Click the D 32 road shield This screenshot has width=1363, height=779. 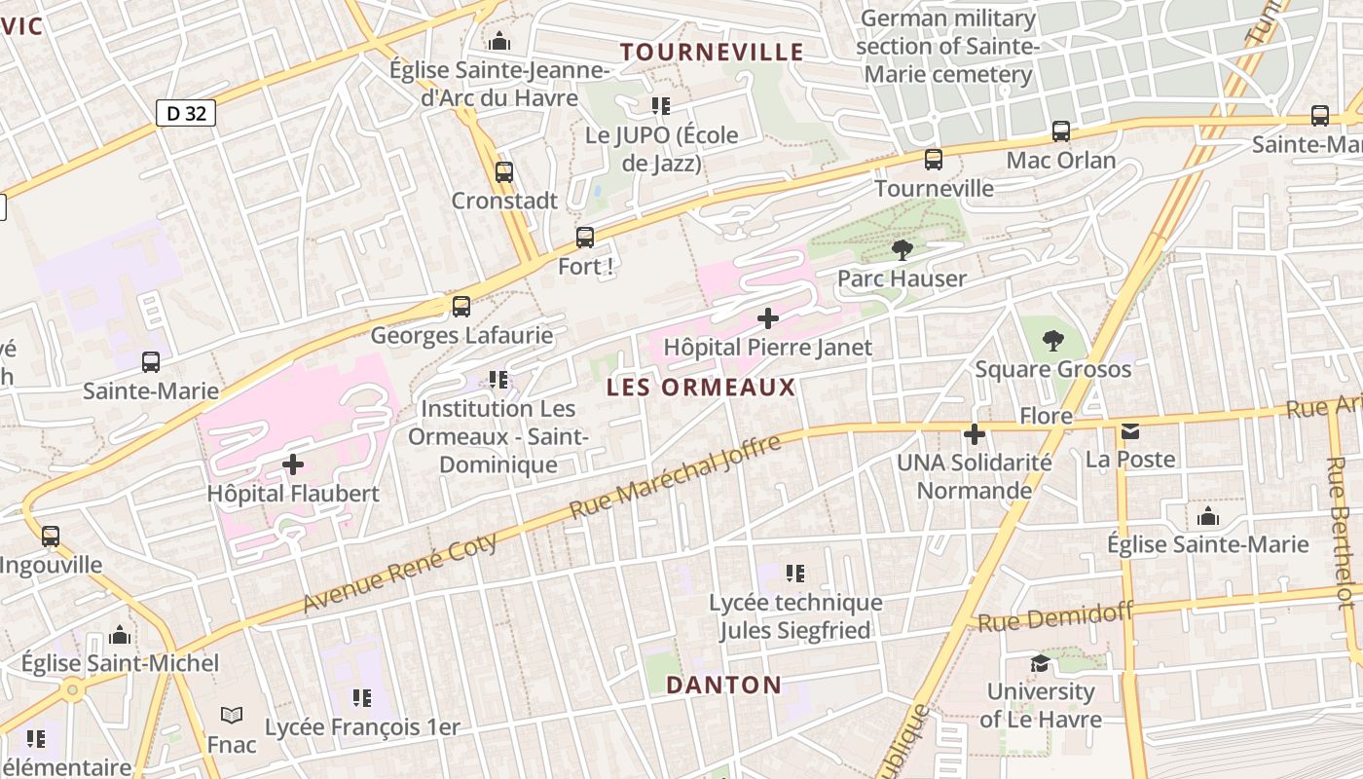(x=186, y=113)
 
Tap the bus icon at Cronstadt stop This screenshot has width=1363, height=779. (x=504, y=172)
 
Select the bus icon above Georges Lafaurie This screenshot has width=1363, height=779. (x=461, y=307)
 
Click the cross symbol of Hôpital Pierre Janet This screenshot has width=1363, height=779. (x=768, y=317)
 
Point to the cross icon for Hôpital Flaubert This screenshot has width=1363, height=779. (x=293, y=464)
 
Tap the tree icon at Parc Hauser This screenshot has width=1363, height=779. (x=903, y=250)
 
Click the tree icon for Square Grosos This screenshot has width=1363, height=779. (x=1053, y=341)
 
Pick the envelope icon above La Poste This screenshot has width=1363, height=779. (x=1130, y=430)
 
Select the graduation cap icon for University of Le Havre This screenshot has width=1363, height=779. (x=1040, y=663)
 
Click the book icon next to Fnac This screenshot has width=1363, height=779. (x=232, y=716)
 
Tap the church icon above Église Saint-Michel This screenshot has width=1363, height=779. (x=121, y=635)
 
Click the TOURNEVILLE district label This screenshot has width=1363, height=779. (x=713, y=52)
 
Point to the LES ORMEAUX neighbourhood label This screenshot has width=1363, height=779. (x=701, y=388)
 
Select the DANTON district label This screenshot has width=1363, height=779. (x=724, y=685)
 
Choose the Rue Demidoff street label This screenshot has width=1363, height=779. (x=1056, y=617)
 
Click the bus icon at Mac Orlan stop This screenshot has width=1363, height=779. (x=1061, y=131)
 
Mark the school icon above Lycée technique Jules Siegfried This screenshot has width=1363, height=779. (x=795, y=574)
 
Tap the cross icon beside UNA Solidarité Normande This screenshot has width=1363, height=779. (x=975, y=434)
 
